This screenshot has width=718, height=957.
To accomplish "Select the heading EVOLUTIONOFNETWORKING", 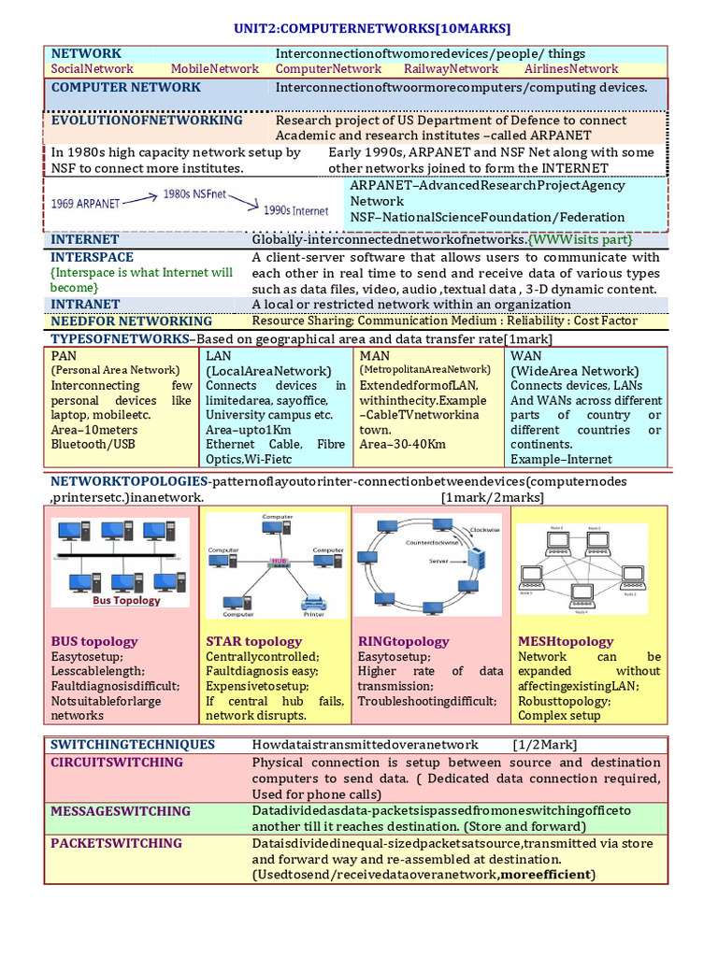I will pos(147,121).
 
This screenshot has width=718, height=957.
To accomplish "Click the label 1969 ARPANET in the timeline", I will pos(83,203).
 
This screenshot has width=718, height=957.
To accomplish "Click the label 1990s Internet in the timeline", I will pos(296,211).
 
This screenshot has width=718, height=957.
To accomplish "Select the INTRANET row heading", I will pos(85,305).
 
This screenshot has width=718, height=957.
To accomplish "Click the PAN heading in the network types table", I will pos(64,356).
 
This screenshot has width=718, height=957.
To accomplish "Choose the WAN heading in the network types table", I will pos(525,356).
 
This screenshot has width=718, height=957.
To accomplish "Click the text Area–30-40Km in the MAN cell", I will pos(404,445).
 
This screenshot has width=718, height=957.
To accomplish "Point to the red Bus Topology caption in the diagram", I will pos(125,601).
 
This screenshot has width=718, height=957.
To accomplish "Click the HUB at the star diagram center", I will pos(278,561).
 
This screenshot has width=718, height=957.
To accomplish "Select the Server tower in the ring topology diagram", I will pos(477,561).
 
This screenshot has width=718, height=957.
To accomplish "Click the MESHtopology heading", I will pos(566,641).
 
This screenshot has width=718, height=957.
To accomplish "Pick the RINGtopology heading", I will pos(404,641).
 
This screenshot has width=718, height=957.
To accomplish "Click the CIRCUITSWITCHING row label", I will pos(117,763).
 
